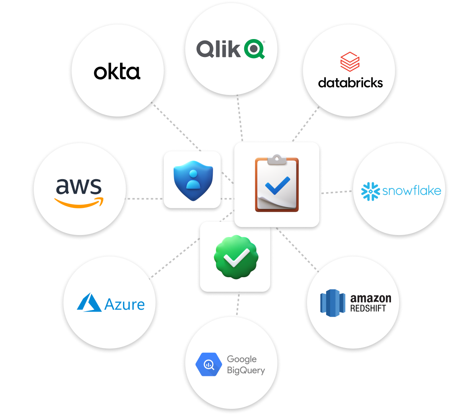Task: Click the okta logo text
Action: coord(117,72)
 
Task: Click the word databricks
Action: coord(350,83)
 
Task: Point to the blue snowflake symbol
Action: coord(370,191)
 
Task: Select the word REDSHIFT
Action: coord(368,308)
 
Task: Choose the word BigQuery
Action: coord(246,370)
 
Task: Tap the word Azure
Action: coord(125,305)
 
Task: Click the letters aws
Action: coord(79,186)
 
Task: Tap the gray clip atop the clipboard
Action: coord(277,159)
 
